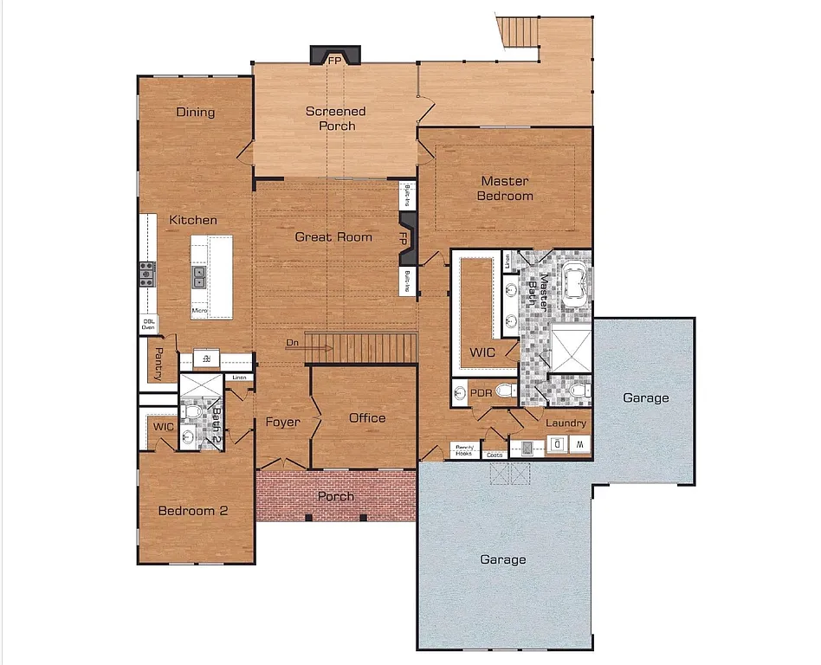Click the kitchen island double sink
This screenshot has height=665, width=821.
(199, 276)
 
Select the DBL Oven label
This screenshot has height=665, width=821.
(149, 324)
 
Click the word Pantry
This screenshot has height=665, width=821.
(158, 364)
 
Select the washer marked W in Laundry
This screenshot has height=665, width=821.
(580, 445)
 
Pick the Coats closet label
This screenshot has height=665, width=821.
(495, 454)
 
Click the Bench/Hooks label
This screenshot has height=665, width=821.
(464, 449)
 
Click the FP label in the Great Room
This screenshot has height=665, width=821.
(404, 237)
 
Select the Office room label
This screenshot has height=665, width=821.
(367, 418)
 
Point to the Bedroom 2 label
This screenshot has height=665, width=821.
(192, 511)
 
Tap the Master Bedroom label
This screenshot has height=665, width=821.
(507, 188)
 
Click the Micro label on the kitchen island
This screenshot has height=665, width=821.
(198, 310)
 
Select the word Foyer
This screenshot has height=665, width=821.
(282, 423)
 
